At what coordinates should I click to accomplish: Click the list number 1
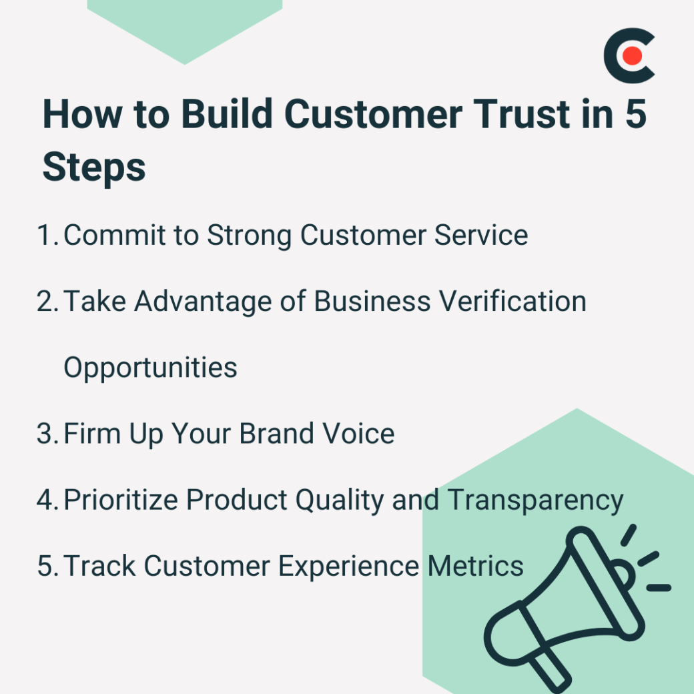tap(47, 235)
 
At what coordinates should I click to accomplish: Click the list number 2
tap(48, 302)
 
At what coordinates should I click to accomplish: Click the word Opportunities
tap(150, 368)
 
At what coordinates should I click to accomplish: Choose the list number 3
tap(48, 434)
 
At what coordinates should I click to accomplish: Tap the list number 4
tap(48, 500)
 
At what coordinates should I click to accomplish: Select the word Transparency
tap(535, 500)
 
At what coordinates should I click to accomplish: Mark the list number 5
tap(48, 566)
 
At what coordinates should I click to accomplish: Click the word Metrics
tap(475, 566)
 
